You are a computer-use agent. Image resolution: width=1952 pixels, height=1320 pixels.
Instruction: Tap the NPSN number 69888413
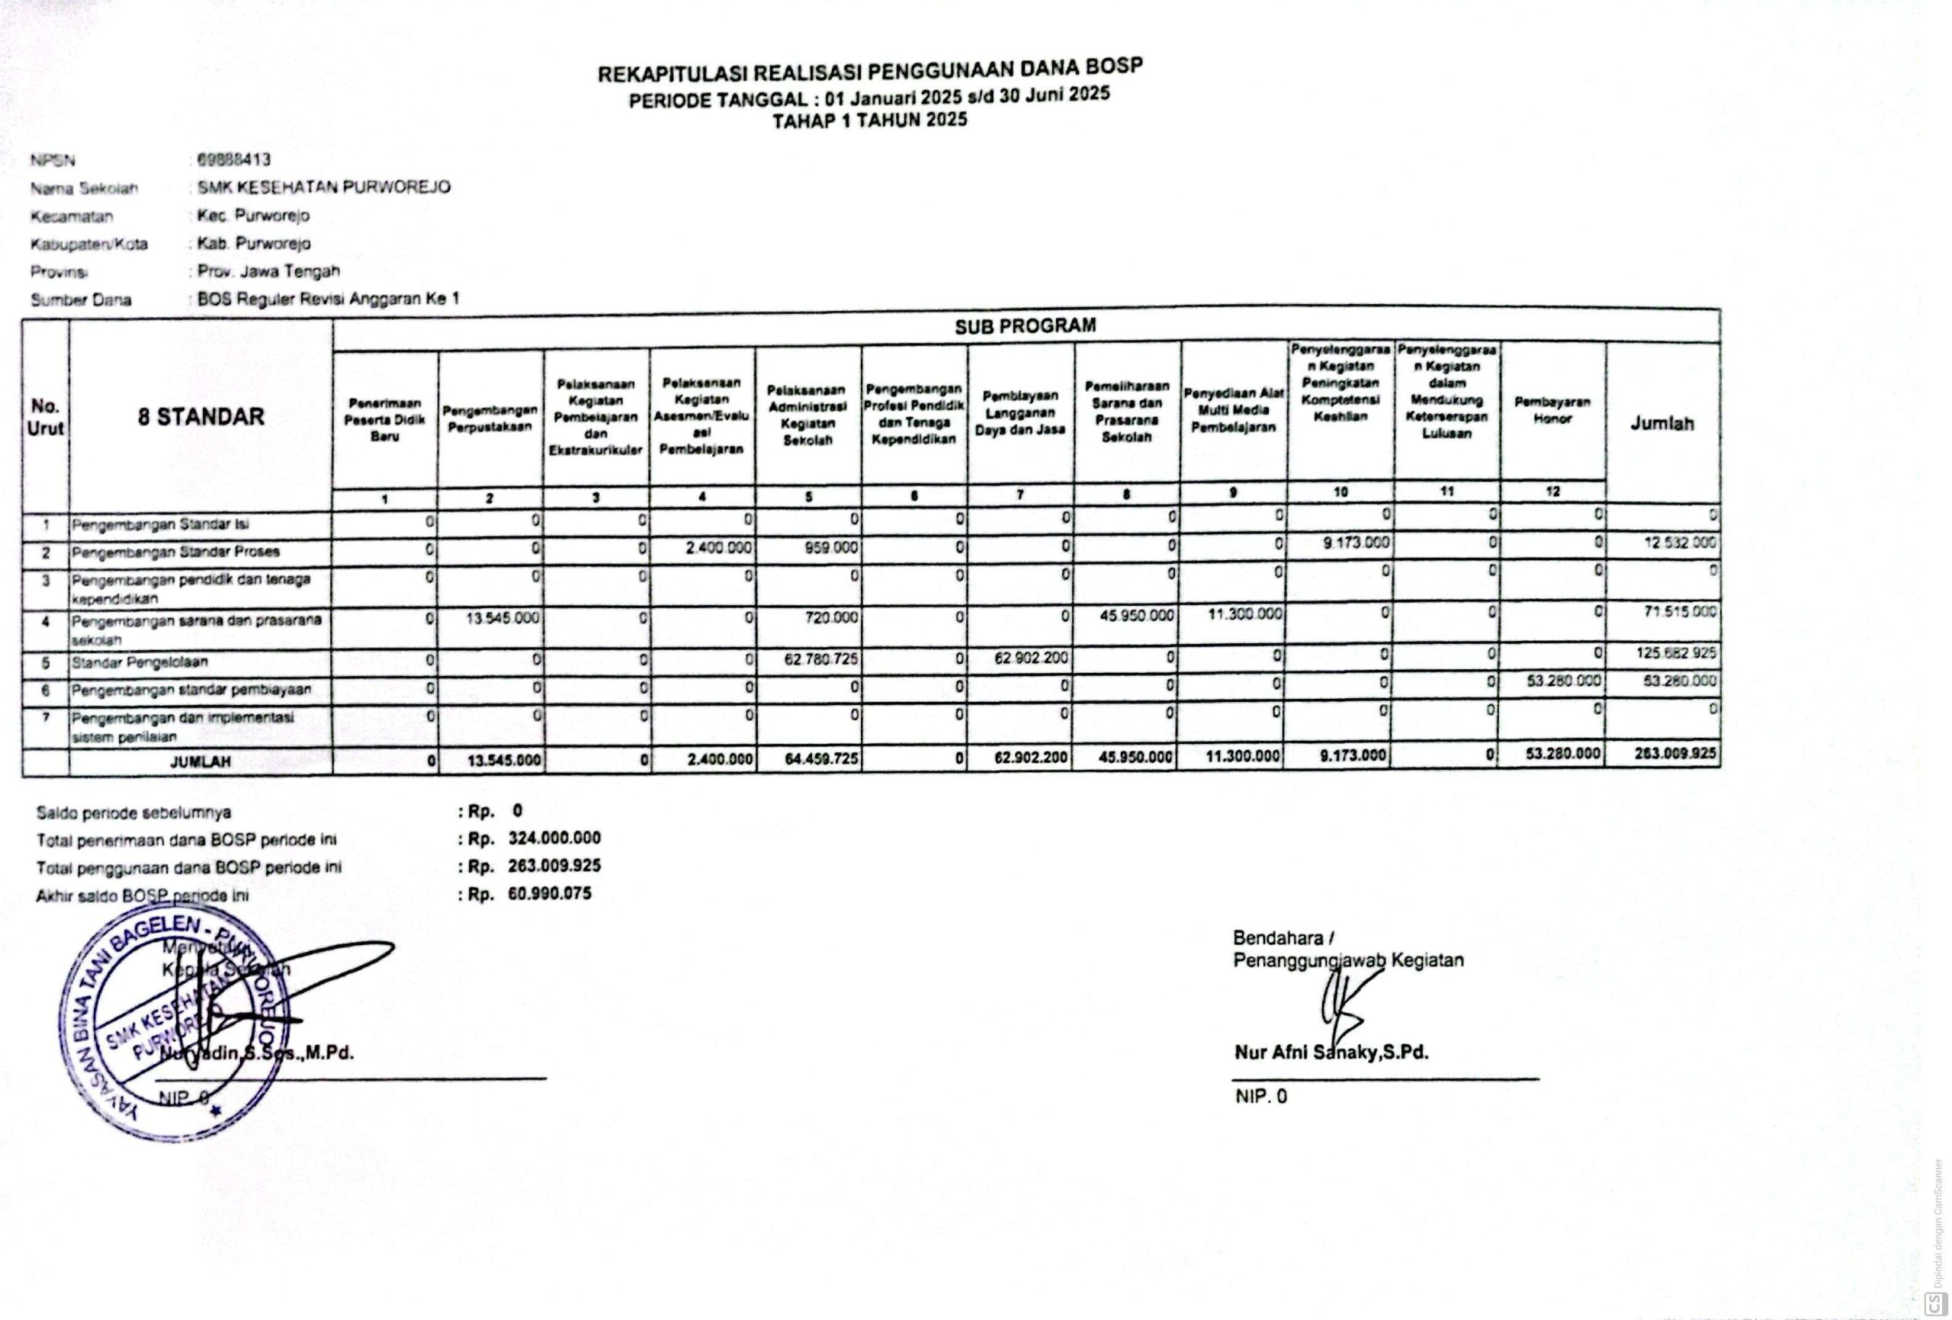coord(233,159)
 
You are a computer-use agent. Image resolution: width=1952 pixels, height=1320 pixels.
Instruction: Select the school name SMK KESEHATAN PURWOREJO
coord(323,187)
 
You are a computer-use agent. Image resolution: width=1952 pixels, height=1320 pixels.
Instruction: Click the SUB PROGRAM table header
coord(1025,325)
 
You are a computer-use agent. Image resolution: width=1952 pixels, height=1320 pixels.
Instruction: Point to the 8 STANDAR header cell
coord(201,416)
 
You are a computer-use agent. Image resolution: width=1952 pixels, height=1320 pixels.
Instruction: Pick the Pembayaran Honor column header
coord(1552,411)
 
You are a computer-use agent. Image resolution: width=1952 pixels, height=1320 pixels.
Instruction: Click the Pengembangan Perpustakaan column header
coord(490,418)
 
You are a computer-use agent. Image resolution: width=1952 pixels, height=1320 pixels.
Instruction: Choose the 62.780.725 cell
coord(820,659)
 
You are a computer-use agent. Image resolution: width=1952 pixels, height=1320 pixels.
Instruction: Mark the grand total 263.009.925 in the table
coord(1674,754)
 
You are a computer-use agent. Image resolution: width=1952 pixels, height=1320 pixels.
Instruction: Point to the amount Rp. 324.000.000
coord(554,838)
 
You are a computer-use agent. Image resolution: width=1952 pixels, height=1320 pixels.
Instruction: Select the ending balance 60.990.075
coord(549,893)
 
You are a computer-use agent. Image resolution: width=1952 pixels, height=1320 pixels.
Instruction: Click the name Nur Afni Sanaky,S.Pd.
coord(1331,1052)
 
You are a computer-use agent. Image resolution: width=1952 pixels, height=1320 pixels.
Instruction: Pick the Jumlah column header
coord(1661,424)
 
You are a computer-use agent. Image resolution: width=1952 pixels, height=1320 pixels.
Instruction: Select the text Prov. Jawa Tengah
coord(268,271)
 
